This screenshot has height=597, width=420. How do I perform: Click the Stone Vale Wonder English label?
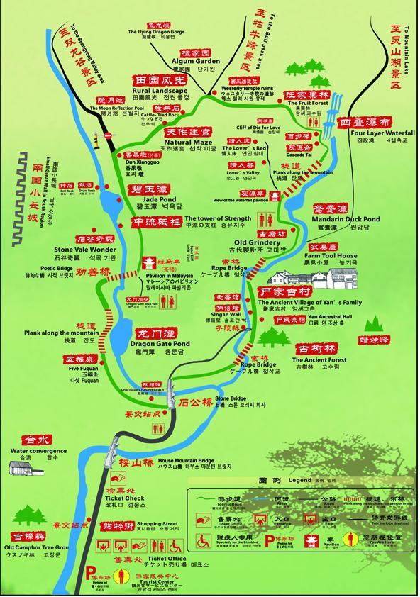pos(84,250)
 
